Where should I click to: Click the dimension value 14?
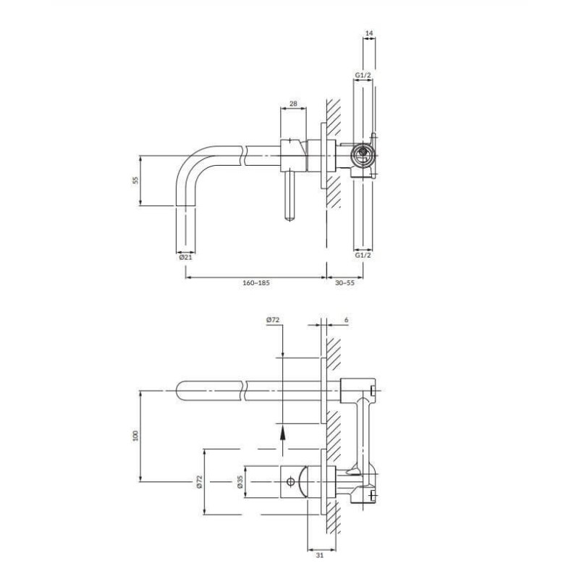pos(369,33)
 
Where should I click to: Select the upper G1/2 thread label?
pos(363,75)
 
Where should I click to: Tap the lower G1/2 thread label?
pos(363,255)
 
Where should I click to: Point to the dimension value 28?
pos(293,103)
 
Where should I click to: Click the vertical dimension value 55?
pos(135,180)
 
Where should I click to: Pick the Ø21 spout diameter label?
pos(185,258)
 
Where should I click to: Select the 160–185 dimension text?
pos(256,283)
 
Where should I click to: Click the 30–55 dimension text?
pos(345,283)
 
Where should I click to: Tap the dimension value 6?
pos(347,320)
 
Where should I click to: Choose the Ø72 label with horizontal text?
pos(273,320)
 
